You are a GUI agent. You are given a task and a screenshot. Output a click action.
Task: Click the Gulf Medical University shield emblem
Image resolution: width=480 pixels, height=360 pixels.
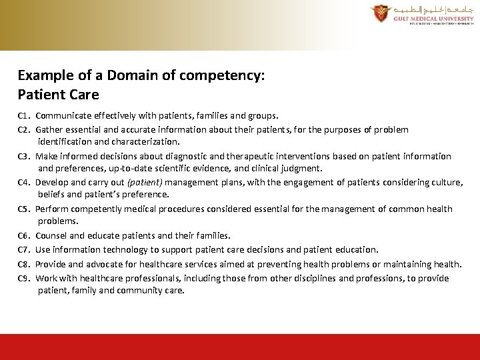[x=379, y=13]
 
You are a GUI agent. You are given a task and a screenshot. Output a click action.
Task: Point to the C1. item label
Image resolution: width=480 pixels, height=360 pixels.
[x=25, y=115]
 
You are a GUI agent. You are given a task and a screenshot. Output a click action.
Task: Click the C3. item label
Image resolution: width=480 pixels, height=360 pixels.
[x=25, y=157]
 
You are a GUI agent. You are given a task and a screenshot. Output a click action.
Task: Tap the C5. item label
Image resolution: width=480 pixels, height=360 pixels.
[x=25, y=209]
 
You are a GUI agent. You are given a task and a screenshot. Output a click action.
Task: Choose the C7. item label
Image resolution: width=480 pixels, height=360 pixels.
[x=25, y=250]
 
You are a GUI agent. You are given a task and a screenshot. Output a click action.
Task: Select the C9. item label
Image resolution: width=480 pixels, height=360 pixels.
[x=25, y=279]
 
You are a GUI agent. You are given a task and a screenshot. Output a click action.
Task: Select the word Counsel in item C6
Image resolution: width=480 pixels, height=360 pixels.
[x=51, y=235]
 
